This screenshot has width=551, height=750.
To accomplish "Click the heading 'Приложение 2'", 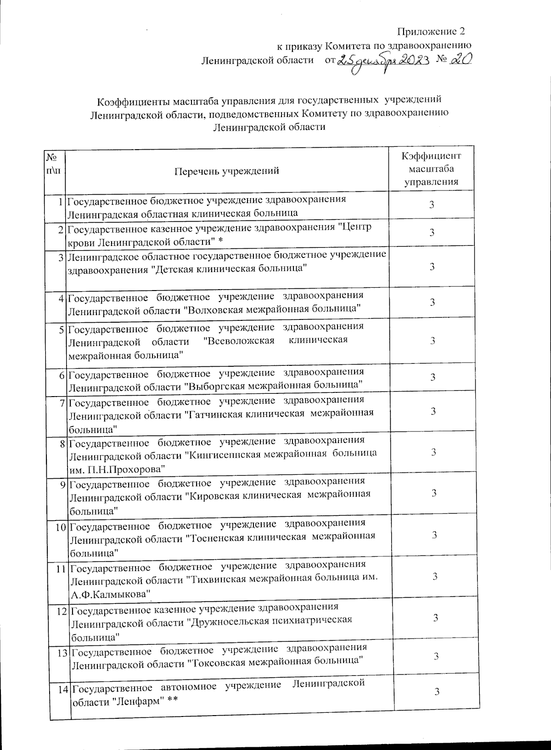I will [x=431, y=32].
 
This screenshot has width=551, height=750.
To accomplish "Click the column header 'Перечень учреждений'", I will [x=227, y=171].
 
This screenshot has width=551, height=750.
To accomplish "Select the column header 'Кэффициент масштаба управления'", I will [x=431, y=168].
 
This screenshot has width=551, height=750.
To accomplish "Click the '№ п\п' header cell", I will [x=55, y=164].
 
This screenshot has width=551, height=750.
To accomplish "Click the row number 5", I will [x=62, y=328].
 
